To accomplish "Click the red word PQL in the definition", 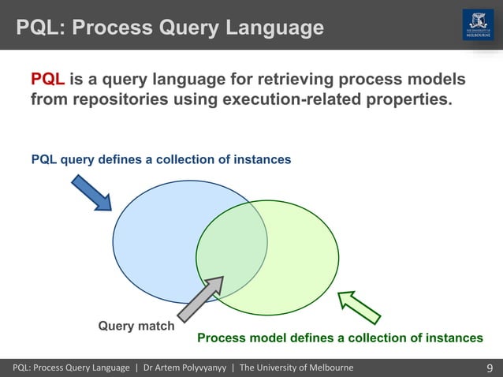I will [47, 80].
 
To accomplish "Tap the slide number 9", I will [490, 368].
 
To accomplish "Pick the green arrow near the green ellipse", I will [360, 307].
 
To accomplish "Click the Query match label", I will [136, 325].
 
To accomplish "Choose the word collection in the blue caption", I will [188, 159].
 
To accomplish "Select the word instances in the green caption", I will [455, 338].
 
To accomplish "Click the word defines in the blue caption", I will [119, 159].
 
